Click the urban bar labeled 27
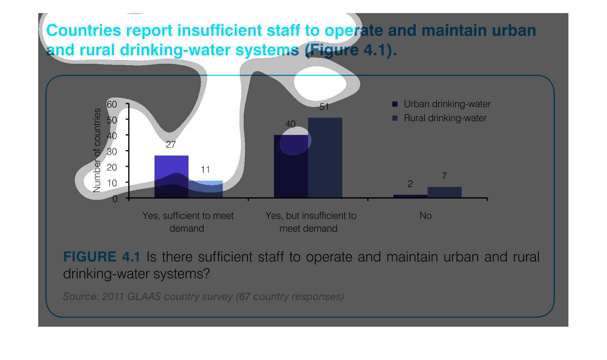pos(171,176)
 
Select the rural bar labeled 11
pos(205,189)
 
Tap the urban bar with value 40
pos(291,166)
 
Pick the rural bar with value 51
pos(325,157)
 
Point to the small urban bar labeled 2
pos(410,196)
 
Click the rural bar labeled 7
pos(445,192)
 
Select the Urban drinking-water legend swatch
pos(395,104)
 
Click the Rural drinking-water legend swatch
pos(395,118)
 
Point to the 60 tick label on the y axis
pos(112,105)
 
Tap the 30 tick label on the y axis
pos(112,152)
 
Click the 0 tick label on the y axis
pos(115,199)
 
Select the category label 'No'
pos(425,216)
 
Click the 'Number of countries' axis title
pos(97,151)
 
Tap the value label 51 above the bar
pos(324,107)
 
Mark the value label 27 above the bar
pos(171,145)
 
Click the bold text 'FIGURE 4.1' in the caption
pos(102,257)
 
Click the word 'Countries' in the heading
pos(84,30)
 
